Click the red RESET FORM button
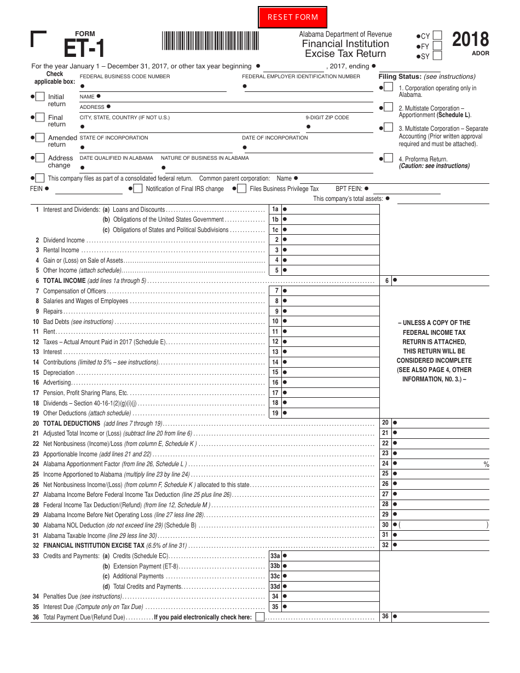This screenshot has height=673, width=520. [292, 17]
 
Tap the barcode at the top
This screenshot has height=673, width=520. [211, 42]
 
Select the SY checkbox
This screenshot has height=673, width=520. [437, 56]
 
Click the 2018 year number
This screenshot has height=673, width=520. [470, 40]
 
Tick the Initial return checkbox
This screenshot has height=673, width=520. [40, 97]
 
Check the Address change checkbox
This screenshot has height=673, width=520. [40, 158]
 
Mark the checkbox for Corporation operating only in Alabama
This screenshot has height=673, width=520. [388, 87]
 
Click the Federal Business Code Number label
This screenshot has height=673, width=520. [125, 77]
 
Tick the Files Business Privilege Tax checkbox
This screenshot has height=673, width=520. [241, 189]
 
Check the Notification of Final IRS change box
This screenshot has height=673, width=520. [137, 189]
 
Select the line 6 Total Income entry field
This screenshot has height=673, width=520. [441, 281]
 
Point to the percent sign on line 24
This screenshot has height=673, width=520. [486, 465]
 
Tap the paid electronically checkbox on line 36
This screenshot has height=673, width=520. [260, 617]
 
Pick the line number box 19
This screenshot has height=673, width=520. [275, 413]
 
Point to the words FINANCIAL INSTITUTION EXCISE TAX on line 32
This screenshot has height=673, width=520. [94, 546]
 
